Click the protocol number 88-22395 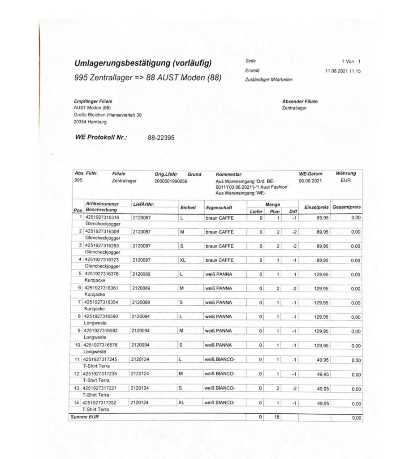pyautogui.click(x=161, y=138)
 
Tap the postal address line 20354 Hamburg pyautogui.click(x=90, y=122)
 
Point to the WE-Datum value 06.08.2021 pyautogui.click(x=310, y=181)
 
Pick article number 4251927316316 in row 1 pyautogui.click(x=101, y=217)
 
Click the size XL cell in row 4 pyautogui.click(x=182, y=260)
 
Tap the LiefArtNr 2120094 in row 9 pyautogui.click(x=141, y=331)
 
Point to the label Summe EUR pyautogui.click(x=84, y=417)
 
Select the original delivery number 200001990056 pyautogui.click(x=171, y=181)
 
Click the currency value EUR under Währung pyautogui.click(x=346, y=180)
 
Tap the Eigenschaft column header pyautogui.click(x=219, y=208)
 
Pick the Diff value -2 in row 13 pyautogui.click(x=293, y=389)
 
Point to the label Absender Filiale pyautogui.click(x=300, y=101)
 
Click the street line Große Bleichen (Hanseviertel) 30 pyautogui.click(x=108, y=115)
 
